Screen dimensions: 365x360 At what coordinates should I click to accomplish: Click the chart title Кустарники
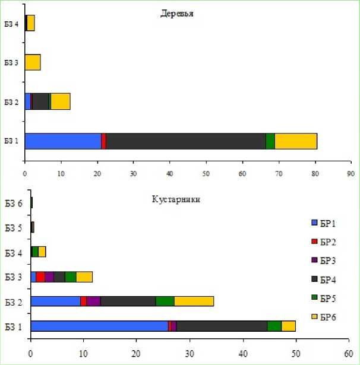pyautogui.click(x=176, y=199)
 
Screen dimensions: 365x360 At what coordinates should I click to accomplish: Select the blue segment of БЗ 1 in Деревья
pyautogui.click(x=63, y=141)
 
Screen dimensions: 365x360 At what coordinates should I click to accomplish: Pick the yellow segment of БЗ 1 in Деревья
pyautogui.click(x=296, y=141)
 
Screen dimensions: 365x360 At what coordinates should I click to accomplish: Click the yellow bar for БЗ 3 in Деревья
pyautogui.click(x=33, y=62)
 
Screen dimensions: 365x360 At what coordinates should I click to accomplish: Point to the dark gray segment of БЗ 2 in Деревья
pyautogui.click(x=40, y=101)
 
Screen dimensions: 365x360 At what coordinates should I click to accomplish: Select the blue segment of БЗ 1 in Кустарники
pyautogui.click(x=99, y=326)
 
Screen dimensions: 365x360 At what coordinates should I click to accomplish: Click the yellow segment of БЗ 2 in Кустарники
pyautogui.click(x=194, y=301)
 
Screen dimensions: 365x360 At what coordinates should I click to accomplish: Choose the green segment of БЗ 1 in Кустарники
pyautogui.click(x=274, y=326)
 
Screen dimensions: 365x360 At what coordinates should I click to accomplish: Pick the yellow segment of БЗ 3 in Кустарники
pyautogui.click(x=84, y=277)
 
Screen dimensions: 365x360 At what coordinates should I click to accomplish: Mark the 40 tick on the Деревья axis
pyautogui.click(x=170, y=173)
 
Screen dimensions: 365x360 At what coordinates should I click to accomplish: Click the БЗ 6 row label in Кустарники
pyautogui.click(x=13, y=203)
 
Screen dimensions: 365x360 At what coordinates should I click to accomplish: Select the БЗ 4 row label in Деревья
pyautogui.click(x=12, y=23)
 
